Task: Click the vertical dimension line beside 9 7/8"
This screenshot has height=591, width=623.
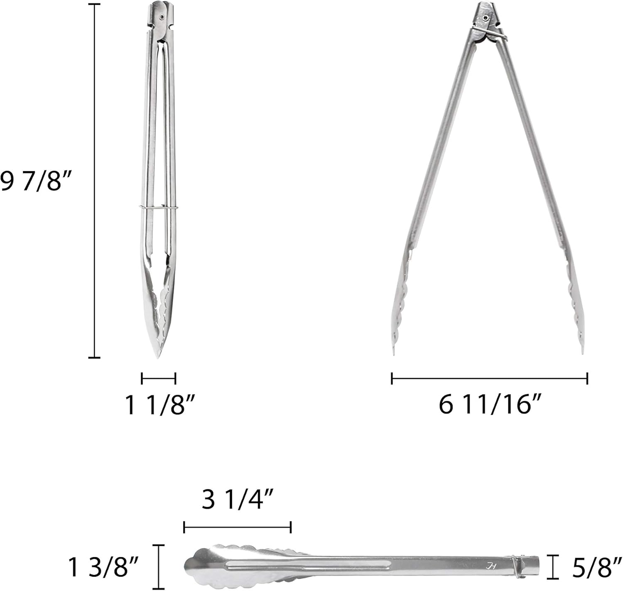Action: tap(94, 181)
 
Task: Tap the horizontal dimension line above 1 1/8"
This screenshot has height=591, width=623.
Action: tap(158, 378)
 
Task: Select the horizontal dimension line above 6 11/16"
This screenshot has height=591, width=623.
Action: tap(490, 378)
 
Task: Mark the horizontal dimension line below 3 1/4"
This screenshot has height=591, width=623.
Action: tap(237, 528)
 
